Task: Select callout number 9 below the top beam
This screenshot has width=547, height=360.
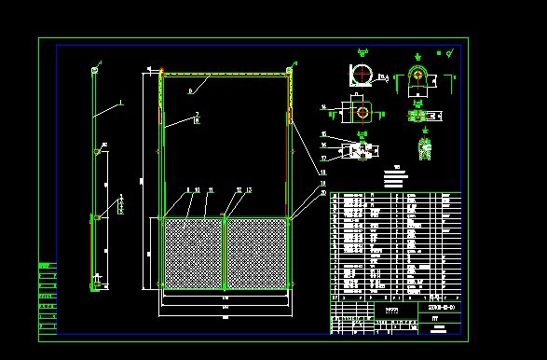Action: tap(190, 90)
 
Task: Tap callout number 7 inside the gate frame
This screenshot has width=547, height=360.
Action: tap(197, 115)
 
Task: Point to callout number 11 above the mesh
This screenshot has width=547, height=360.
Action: tap(211, 189)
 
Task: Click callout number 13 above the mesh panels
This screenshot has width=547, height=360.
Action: tap(249, 189)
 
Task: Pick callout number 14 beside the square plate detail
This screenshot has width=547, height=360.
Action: tap(322, 107)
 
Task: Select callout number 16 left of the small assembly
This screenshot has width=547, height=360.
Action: tap(322, 145)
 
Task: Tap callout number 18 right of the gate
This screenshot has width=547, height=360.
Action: tap(322, 173)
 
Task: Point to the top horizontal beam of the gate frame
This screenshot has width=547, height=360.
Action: tap(224, 76)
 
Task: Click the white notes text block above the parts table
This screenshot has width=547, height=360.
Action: tap(396, 176)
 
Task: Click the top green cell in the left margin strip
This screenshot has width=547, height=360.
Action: tap(44, 266)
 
